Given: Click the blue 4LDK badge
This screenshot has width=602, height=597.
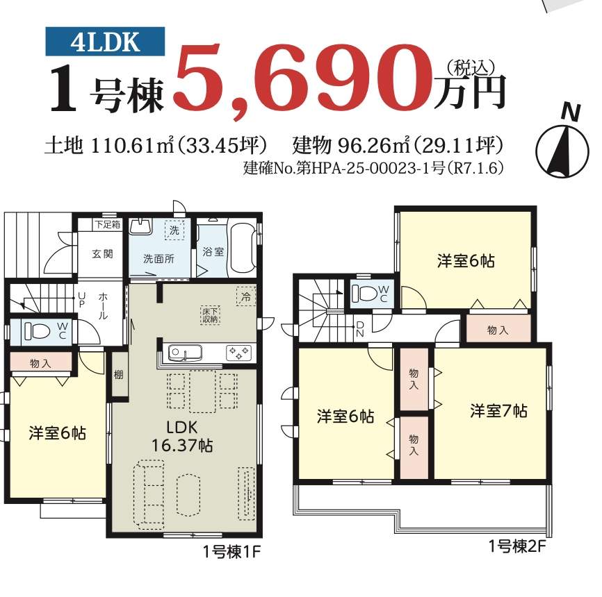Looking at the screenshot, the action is (x=105, y=42).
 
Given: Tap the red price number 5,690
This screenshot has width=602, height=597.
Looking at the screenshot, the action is (x=303, y=81).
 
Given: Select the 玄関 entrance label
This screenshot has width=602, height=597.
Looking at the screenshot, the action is (x=102, y=254).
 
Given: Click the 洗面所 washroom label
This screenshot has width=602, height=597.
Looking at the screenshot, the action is (x=158, y=259).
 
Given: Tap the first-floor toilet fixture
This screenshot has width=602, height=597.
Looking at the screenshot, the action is (x=38, y=331).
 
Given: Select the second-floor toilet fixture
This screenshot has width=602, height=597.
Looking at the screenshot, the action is (x=365, y=294).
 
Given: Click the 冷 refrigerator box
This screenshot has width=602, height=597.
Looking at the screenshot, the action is (x=246, y=296).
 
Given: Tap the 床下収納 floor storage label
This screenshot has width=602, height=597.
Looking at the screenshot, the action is (x=211, y=315).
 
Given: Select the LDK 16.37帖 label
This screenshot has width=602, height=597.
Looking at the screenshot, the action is (x=182, y=437).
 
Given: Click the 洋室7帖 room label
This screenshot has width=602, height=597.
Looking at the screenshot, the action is (x=498, y=411).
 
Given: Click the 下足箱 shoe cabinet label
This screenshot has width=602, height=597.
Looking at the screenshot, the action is (x=108, y=224).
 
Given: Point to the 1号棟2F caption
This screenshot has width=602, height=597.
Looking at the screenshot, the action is (x=516, y=546).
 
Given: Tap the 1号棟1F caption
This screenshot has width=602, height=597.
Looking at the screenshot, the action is (x=232, y=552).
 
